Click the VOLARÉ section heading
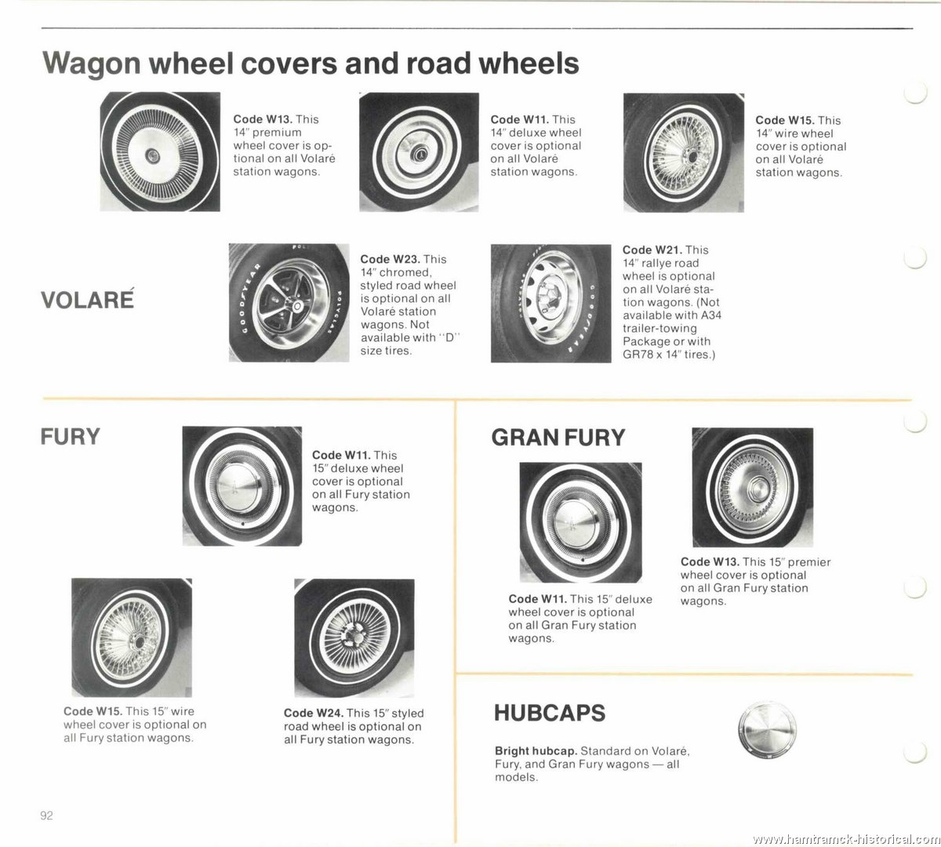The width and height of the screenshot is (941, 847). tap(87, 299)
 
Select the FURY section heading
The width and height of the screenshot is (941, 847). tap(71, 436)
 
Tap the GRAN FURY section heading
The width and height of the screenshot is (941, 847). tap(558, 438)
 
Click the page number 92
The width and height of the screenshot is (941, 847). tap(47, 816)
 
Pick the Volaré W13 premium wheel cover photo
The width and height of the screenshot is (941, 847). tap(160, 151)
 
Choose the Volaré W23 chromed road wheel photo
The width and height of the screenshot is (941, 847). tap(289, 303)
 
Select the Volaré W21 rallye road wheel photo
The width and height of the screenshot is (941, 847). tap(551, 304)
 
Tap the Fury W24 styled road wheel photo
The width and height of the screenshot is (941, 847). tap(354, 638)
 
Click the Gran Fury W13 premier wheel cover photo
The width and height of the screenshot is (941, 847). tap(753, 487)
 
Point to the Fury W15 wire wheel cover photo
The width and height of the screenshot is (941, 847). tap(132, 638)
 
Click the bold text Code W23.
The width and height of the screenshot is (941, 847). tap(390, 260)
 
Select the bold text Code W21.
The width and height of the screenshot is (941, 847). tap(652, 250)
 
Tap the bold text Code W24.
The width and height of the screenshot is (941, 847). tap(314, 713)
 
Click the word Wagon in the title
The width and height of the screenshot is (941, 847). tap(92, 64)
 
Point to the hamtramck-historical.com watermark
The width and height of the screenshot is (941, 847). tap(845, 838)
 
